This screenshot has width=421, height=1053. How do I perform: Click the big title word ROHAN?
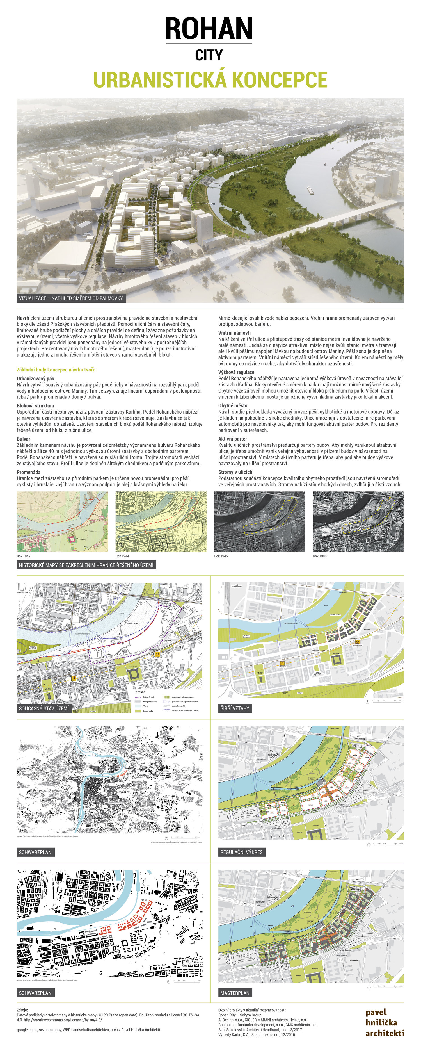pyautogui.click(x=209, y=29)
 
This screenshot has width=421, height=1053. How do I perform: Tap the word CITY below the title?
pyautogui.click(x=209, y=55)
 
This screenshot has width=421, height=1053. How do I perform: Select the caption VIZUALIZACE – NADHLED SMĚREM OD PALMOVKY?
pyautogui.click(x=71, y=298)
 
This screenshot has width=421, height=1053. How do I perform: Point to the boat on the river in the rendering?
pyautogui.click(x=310, y=189)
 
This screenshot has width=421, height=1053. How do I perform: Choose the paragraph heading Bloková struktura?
pyautogui.click(x=36, y=405)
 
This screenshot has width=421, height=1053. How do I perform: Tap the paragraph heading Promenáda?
pyautogui.click(x=29, y=472)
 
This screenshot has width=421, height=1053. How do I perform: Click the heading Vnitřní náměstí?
pyautogui.click(x=234, y=333)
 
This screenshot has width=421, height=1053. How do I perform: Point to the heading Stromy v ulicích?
pyautogui.click(x=235, y=472)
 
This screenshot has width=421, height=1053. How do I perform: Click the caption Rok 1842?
pyautogui.click(x=24, y=556)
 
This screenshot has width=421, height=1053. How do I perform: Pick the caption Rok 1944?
pyautogui.click(x=122, y=556)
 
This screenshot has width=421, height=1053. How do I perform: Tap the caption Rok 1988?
pyautogui.click(x=320, y=556)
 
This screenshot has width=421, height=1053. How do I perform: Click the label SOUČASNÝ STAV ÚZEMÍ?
pyautogui.click(x=44, y=708)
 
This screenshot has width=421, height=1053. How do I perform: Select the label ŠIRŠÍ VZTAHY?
pyautogui.click(x=235, y=708)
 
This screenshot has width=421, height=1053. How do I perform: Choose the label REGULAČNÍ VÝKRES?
pyautogui.click(x=241, y=852)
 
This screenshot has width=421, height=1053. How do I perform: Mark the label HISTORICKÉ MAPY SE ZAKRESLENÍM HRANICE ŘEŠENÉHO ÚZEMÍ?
pyautogui.click(x=86, y=565)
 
